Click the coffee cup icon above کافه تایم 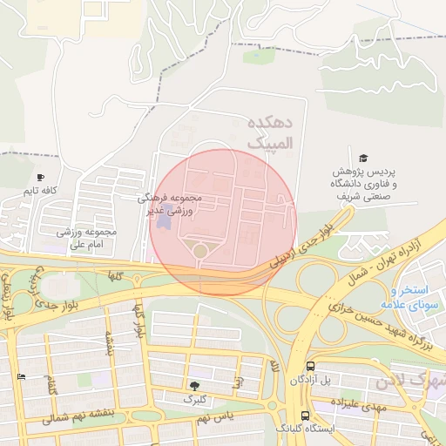[x=40, y=177]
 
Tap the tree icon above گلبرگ [x=193, y=385]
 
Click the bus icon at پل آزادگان [x=310, y=367]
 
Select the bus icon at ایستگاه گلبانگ [x=304, y=416]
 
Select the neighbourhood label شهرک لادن [x=409, y=382]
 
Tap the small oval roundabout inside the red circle [x=200, y=251]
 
